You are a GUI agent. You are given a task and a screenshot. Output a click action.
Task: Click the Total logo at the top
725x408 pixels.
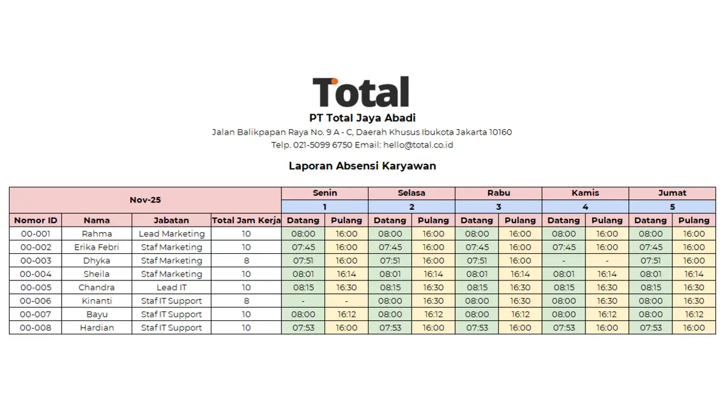point(361,92)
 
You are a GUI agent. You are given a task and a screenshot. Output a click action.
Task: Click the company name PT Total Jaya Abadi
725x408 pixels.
point(362,118)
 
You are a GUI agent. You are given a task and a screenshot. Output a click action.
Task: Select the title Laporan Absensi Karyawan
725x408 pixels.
point(362,166)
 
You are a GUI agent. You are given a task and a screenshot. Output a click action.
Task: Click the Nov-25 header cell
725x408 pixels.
point(145,199)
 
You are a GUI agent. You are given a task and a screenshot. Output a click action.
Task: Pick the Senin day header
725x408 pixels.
point(324,193)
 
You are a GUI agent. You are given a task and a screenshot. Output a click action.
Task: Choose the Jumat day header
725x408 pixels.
point(672,193)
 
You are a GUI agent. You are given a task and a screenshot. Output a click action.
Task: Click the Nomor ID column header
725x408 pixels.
point(36,220)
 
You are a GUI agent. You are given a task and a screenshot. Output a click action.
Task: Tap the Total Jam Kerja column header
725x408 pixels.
point(246,220)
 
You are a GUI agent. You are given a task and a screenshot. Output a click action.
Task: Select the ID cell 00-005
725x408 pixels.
point(36,287)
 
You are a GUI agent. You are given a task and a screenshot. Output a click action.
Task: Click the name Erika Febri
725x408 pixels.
point(97,247)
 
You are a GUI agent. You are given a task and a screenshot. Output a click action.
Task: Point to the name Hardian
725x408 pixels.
point(97,328)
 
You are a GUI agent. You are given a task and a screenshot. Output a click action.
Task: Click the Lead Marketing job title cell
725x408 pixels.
point(172,234)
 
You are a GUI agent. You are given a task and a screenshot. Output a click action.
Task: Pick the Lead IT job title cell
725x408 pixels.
point(172,287)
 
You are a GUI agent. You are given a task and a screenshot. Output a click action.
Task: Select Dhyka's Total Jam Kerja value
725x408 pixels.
point(246,261)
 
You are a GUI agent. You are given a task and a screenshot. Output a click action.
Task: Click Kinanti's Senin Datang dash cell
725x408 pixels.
point(303,301)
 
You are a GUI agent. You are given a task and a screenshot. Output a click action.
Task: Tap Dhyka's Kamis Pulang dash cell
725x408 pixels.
point(607,261)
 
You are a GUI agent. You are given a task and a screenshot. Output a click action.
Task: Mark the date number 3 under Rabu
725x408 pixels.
point(498,207)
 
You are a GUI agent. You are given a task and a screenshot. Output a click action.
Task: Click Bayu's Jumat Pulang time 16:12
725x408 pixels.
point(694,314)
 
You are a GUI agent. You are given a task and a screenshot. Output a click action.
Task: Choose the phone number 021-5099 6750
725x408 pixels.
point(323,145)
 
